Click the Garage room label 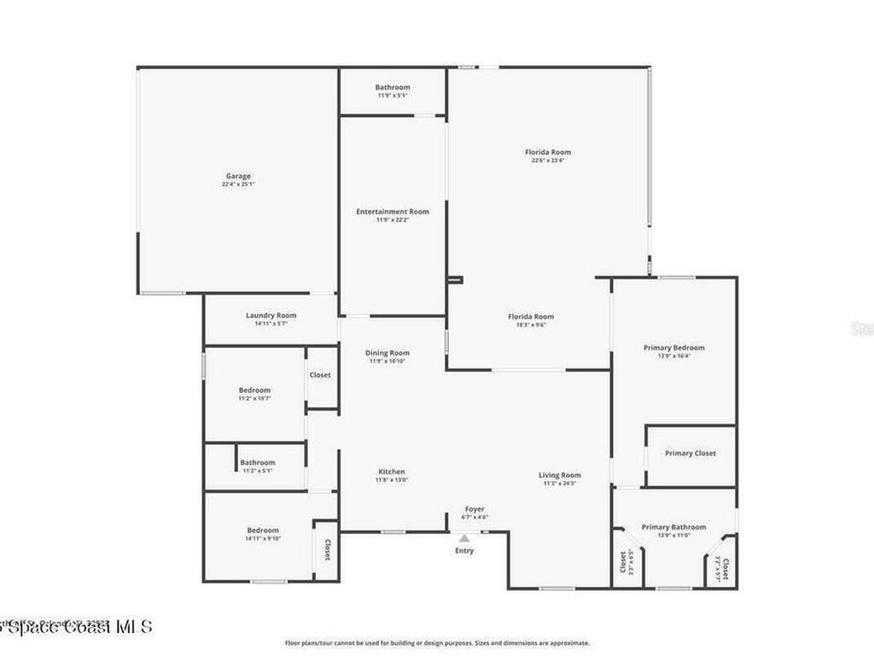click(x=238, y=176)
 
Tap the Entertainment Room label click(x=392, y=211)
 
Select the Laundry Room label click(x=271, y=315)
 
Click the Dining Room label click(x=387, y=353)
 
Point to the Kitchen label click(x=392, y=471)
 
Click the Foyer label click(x=475, y=509)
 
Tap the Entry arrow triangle click(x=464, y=538)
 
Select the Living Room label click(x=559, y=475)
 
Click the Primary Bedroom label click(x=673, y=348)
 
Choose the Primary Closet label click(x=690, y=454)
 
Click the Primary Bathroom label click(x=673, y=527)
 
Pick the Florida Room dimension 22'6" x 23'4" click(x=547, y=161)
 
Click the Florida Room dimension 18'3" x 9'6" click(x=531, y=325)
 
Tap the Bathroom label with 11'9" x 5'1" click(x=393, y=87)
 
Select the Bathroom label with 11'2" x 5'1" click(x=257, y=462)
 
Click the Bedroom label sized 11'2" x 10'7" click(x=253, y=390)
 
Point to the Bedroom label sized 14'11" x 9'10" click(x=263, y=530)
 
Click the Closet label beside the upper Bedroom click(x=320, y=375)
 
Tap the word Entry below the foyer click(x=464, y=550)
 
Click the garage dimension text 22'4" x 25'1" click(x=238, y=184)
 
